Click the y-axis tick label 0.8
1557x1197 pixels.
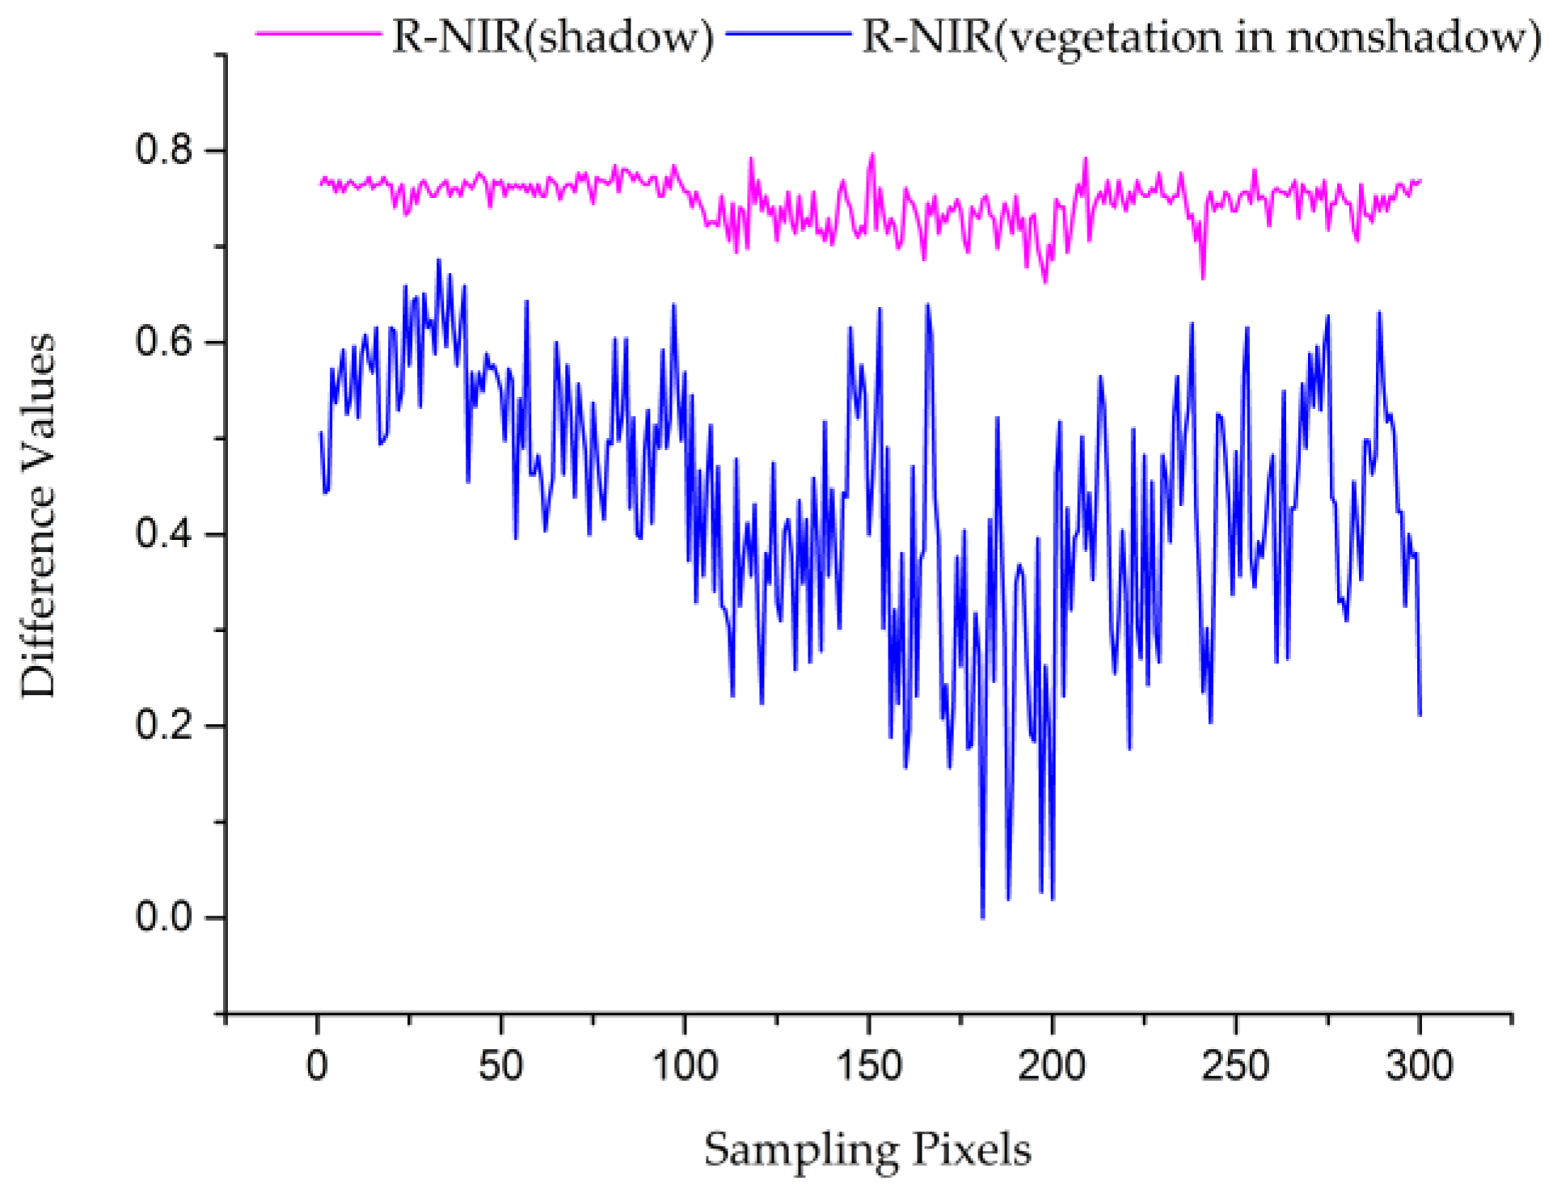pyautogui.click(x=165, y=150)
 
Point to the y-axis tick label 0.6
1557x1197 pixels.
pyautogui.click(x=165, y=342)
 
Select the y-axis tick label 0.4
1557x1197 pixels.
pyautogui.click(x=165, y=533)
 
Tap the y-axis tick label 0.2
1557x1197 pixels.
pyautogui.click(x=165, y=725)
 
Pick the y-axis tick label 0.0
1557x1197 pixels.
pyautogui.click(x=165, y=917)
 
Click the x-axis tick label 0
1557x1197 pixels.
pyautogui.click(x=318, y=1065)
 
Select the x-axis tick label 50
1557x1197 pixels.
pyautogui.click(x=501, y=1065)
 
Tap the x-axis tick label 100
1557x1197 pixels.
pyautogui.click(x=685, y=1065)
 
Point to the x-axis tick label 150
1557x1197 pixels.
pyautogui.click(x=869, y=1065)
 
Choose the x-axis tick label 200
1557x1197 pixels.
pyautogui.click(x=1052, y=1065)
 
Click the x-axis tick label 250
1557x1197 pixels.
pyautogui.click(x=1235, y=1065)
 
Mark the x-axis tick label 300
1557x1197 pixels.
pyautogui.click(x=1420, y=1065)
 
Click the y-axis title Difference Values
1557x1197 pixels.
pyautogui.click(x=39, y=515)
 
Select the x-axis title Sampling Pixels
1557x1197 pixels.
pyautogui.click(x=867, y=1149)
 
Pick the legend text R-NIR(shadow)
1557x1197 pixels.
pyautogui.click(x=553, y=37)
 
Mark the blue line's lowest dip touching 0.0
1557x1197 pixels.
pyautogui.click(x=982, y=917)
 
